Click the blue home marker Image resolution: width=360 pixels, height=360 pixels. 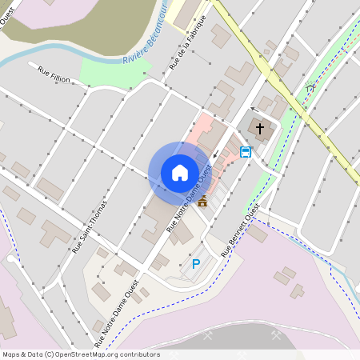tap(180, 173)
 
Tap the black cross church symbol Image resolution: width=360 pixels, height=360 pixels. tap(259, 127)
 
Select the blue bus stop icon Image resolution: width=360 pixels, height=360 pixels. tap(246, 152)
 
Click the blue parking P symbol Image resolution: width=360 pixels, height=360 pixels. tap(195, 263)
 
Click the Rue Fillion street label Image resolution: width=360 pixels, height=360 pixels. tap(54, 74)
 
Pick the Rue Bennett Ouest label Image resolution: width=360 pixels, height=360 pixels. tap(241, 231)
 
